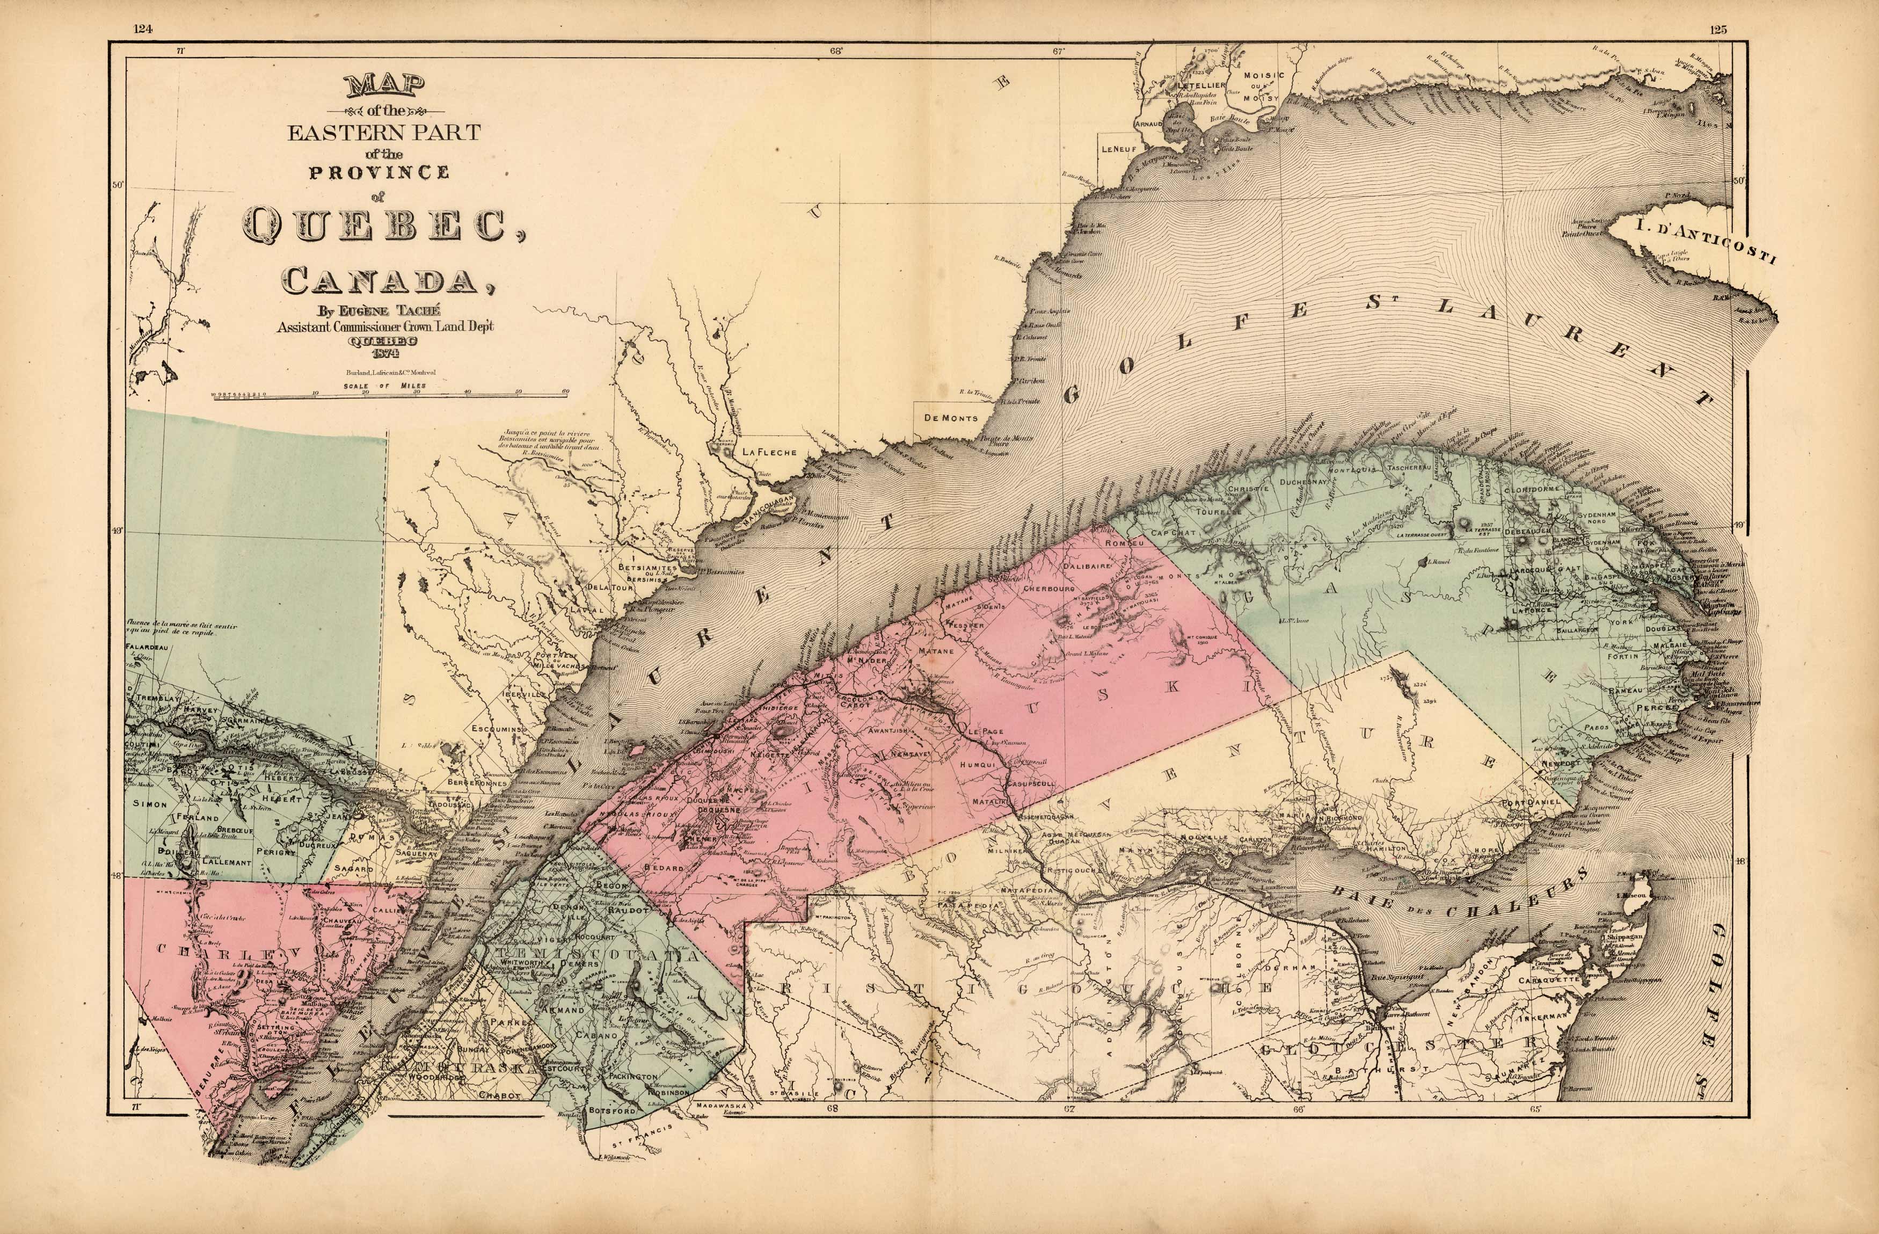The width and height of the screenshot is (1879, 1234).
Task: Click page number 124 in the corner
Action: (x=143, y=29)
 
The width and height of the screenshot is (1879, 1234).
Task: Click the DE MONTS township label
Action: (x=950, y=418)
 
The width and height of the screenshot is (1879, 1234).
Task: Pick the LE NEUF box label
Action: (x=1118, y=148)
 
